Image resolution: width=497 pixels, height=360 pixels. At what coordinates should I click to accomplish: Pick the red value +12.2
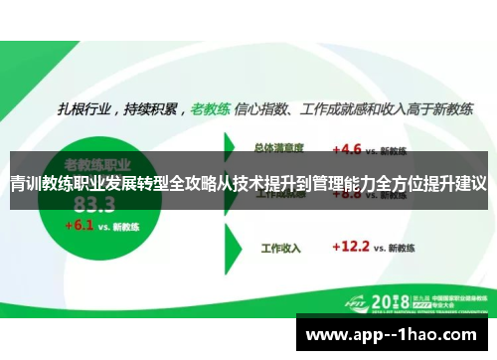(x=352, y=244)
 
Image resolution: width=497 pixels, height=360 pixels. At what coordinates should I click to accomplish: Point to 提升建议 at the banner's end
(x=454, y=184)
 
